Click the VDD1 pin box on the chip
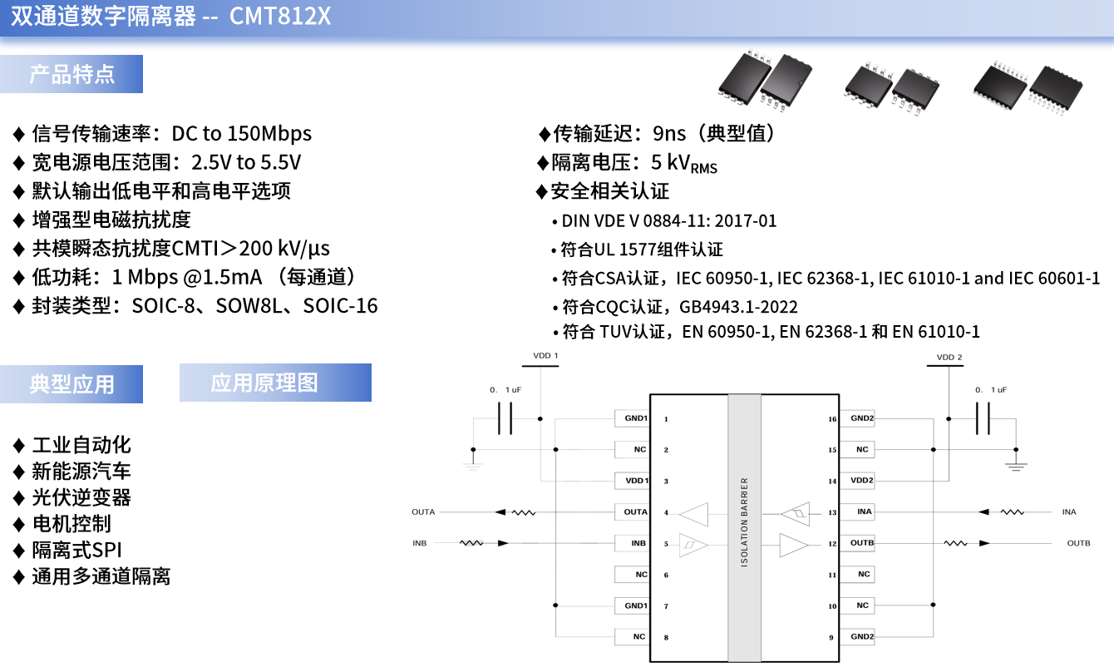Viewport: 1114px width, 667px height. (636, 481)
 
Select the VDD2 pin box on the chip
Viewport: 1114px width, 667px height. (862, 481)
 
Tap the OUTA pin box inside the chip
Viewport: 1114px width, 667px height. (636, 512)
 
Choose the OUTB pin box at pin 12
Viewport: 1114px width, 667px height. (862, 543)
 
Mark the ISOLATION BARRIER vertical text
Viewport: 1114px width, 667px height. (744, 522)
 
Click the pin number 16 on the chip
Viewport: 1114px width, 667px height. (832, 419)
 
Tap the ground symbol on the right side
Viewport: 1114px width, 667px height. (1016, 465)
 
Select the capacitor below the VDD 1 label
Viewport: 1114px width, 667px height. (505, 418)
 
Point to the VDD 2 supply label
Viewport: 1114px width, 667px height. (949, 358)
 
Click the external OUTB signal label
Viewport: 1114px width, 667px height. (1078, 543)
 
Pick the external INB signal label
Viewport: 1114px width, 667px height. (420, 543)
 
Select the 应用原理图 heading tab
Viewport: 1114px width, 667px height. (264, 383)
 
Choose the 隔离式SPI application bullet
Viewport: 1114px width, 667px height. (76, 550)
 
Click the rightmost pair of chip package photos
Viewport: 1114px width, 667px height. (1028, 86)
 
